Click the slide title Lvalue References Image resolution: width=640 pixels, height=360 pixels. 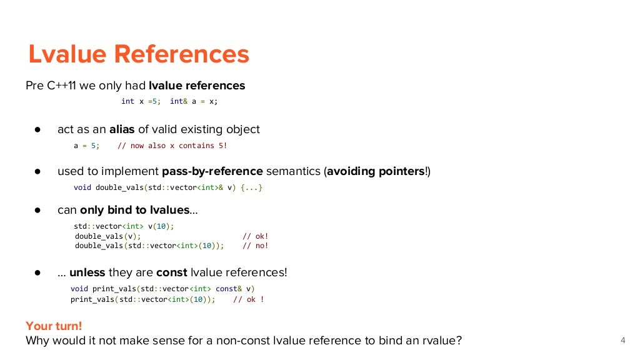click(x=139, y=54)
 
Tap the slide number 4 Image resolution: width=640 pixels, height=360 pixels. click(x=622, y=341)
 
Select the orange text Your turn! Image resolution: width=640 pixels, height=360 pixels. click(x=54, y=326)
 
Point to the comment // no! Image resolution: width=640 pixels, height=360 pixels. click(x=255, y=246)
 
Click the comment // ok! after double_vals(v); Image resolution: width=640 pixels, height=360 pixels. click(x=255, y=236)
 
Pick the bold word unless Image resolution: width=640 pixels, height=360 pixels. click(x=87, y=272)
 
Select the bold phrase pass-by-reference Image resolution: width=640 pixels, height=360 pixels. click(x=212, y=171)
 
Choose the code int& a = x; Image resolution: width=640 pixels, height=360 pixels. click(x=194, y=101)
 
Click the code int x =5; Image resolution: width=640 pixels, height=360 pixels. click(x=141, y=101)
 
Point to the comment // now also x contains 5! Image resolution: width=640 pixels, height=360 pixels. click(x=172, y=146)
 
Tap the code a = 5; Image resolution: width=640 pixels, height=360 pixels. click(x=86, y=146)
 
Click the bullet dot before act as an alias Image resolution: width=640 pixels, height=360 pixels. click(x=37, y=130)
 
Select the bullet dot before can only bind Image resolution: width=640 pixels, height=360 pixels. click(x=37, y=211)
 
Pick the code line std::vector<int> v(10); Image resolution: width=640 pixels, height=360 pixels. click(x=124, y=226)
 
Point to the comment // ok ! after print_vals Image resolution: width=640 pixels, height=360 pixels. click(x=248, y=299)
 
